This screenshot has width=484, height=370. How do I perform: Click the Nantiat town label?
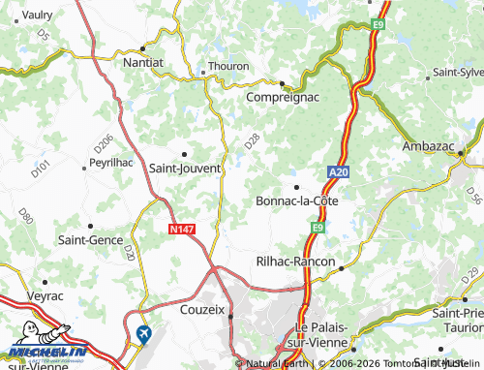coord(142,61)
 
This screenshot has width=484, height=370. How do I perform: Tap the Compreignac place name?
coord(281,98)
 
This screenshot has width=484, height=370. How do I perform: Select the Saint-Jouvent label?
coord(182,167)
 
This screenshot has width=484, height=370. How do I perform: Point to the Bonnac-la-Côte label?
coord(296,200)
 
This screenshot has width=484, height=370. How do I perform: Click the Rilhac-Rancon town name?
coord(294,262)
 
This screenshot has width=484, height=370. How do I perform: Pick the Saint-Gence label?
coord(89,238)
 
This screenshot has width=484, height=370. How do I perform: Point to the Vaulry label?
coord(38,15)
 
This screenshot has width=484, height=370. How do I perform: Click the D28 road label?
coord(252,141)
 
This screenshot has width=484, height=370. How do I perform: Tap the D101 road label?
coord(40,171)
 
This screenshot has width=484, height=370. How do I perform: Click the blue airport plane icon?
coord(145,334)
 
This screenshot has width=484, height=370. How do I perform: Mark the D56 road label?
coord(472,196)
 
